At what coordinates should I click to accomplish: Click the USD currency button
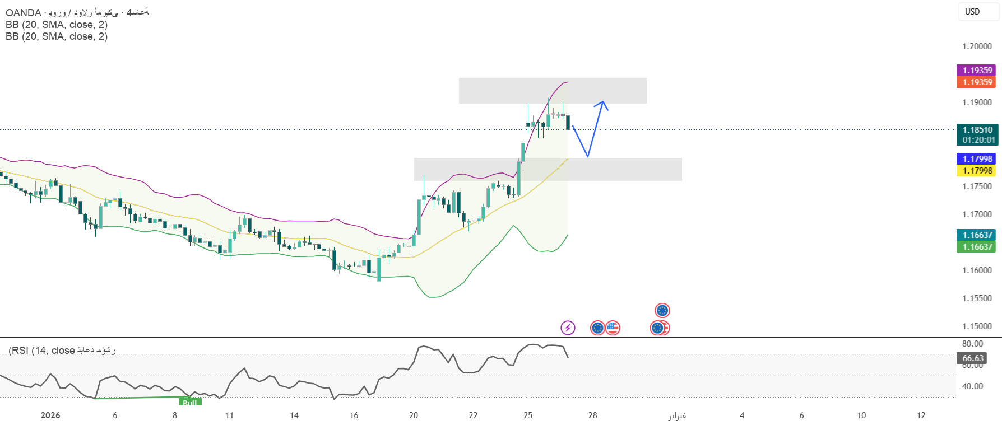(x=972, y=12)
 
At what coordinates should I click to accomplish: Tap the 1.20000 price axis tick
(x=977, y=46)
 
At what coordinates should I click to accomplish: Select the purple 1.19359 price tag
(x=977, y=70)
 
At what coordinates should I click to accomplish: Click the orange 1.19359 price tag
(x=977, y=82)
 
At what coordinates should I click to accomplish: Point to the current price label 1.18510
(x=977, y=129)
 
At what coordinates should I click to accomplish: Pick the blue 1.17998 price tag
(x=977, y=159)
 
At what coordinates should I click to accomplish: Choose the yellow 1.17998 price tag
(x=977, y=171)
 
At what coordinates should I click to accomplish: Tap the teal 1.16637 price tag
(x=977, y=235)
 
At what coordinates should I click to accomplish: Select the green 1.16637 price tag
(x=977, y=247)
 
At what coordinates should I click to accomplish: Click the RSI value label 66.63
(x=973, y=358)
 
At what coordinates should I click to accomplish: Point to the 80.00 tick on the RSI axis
(x=972, y=344)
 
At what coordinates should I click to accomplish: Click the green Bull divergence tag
(x=190, y=402)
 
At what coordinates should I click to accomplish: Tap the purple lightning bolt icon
(x=568, y=328)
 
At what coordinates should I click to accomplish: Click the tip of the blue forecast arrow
(x=603, y=102)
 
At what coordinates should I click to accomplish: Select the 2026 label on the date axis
(x=50, y=415)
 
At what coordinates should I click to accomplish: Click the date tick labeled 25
(x=528, y=415)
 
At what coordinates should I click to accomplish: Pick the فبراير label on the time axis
(x=677, y=415)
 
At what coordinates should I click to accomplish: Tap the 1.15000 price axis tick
(x=977, y=326)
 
